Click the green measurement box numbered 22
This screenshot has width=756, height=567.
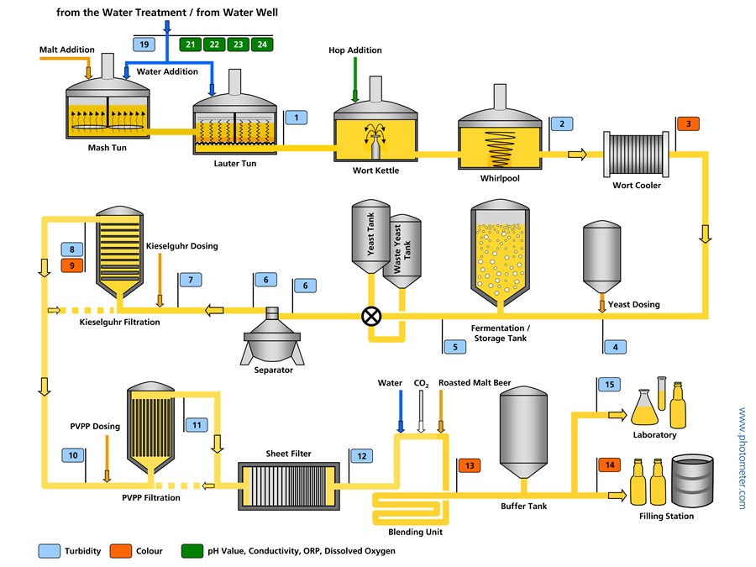[x=214, y=44]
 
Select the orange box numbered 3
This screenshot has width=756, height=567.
[x=688, y=123]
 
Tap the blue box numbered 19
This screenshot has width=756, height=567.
[x=144, y=44]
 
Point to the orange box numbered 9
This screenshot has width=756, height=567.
[x=72, y=265]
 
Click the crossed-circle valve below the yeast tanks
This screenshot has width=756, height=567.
[x=370, y=316]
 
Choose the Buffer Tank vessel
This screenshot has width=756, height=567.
[x=524, y=433]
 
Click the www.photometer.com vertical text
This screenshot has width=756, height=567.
[x=742, y=458]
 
